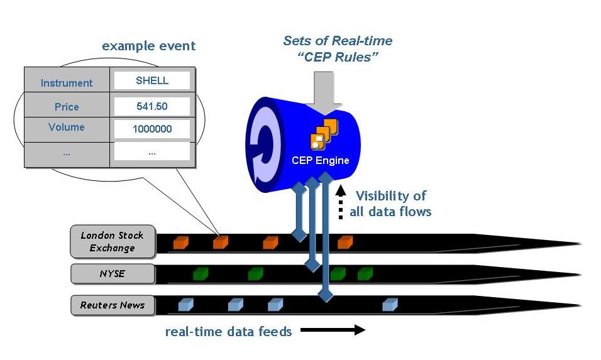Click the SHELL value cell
pyautogui.click(x=152, y=80)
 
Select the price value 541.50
pyautogui.click(x=152, y=106)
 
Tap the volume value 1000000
pyautogui.click(x=152, y=129)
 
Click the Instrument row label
pyautogui.click(x=67, y=83)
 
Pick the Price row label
pyautogui.click(x=67, y=107)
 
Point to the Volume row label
pyautogui.click(x=67, y=127)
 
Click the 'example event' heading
pyautogui.click(x=148, y=46)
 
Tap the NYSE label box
pyautogui.click(x=113, y=274)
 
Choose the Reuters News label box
pyautogui.click(x=113, y=305)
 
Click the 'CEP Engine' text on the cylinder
pyautogui.click(x=320, y=160)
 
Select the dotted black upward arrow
pyautogui.click(x=340, y=202)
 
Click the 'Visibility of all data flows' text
pyautogui.click(x=390, y=204)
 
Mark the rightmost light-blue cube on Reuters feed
pyautogui.click(x=390, y=305)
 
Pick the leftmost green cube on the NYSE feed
pyautogui.click(x=201, y=273)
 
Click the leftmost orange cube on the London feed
pyautogui.click(x=181, y=242)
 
